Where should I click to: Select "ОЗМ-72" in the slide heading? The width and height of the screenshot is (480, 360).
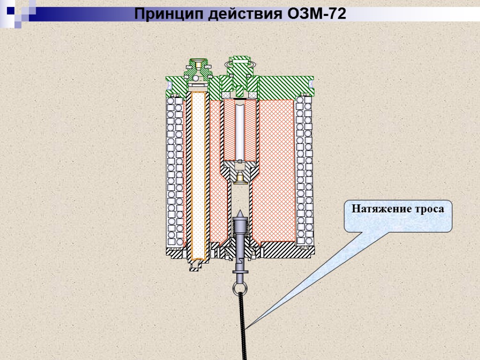315,14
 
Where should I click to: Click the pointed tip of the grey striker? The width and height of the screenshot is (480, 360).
240,213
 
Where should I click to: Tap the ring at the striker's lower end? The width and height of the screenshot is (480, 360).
239,286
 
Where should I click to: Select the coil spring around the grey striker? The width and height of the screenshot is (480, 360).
240,229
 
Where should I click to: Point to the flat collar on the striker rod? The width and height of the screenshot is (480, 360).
240,272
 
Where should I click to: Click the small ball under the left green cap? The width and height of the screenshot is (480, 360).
195,77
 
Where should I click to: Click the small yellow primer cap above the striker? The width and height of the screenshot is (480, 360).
240,177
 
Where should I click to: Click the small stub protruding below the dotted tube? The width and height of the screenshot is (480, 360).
196,265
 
